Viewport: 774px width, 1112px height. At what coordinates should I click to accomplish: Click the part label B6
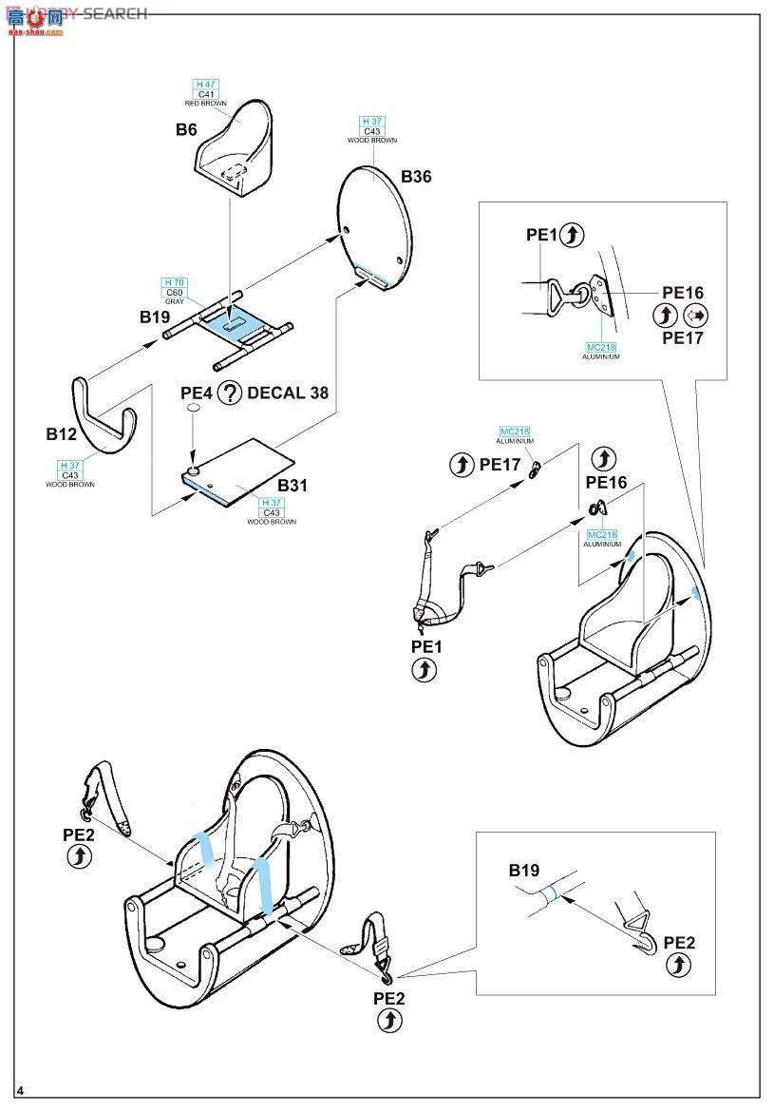click(x=186, y=129)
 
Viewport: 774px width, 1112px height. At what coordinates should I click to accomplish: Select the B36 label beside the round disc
click(x=415, y=177)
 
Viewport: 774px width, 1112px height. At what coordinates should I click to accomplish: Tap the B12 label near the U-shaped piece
click(x=61, y=434)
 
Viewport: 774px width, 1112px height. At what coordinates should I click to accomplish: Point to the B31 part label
click(x=293, y=485)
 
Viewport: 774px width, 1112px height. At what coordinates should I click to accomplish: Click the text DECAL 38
click(x=288, y=393)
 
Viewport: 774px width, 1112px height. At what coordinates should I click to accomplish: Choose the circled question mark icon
click(x=229, y=393)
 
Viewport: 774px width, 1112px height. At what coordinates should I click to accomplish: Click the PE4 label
click(x=197, y=393)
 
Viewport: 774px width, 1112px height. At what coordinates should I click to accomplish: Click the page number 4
click(x=19, y=1088)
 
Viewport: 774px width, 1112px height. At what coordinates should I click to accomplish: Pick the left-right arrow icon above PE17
click(x=694, y=316)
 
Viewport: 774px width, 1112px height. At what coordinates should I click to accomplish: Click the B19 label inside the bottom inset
click(x=523, y=870)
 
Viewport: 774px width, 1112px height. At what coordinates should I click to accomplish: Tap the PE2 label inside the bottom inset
click(x=679, y=942)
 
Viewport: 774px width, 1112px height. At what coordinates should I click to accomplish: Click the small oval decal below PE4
click(x=193, y=408)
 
